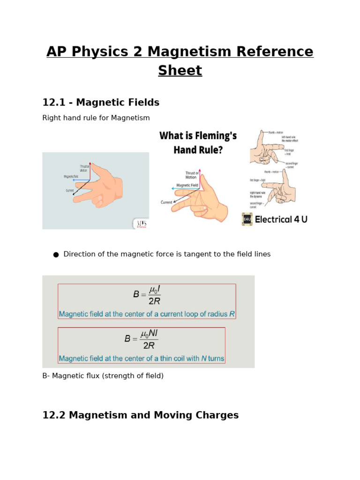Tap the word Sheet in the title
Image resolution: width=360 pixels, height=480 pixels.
(180, 71)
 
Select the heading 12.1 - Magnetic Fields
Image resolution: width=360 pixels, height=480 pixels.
(101, 103)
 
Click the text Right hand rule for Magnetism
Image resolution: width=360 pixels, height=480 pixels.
(96, 118)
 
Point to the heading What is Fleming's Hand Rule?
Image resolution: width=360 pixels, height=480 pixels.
(198, 142)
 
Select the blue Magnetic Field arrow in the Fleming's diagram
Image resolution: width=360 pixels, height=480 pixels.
(185, 188)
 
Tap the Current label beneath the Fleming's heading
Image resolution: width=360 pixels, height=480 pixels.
(166, 202)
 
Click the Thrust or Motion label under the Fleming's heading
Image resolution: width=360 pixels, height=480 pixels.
(191, 175)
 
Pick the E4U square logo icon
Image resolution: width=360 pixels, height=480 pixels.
(247, 219)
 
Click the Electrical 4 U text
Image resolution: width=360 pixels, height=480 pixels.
(281, 219)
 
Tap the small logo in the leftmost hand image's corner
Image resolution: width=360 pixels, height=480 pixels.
(141, 224)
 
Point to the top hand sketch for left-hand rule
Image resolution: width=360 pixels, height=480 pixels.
(267, 150)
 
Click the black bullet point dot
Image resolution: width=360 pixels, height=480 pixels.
(56, 255)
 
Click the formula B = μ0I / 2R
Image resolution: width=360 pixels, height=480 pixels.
(147, 295)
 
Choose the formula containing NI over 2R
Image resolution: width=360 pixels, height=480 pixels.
(142, 338)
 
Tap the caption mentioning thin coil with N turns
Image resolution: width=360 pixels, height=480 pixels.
(141, 359)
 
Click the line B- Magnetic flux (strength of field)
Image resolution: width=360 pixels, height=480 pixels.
(103, 376)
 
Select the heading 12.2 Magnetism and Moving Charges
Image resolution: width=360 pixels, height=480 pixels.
(140, 415)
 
